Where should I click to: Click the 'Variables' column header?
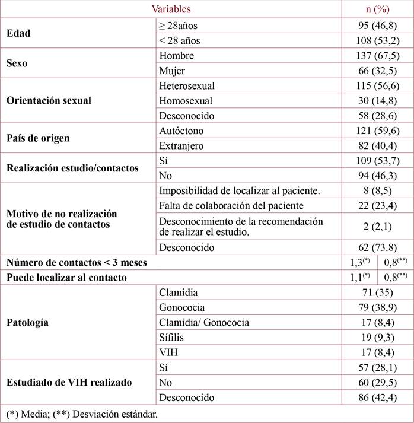point(171,9)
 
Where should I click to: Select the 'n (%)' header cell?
point(377,9)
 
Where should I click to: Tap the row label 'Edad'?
point(18,33)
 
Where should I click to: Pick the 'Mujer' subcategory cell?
point(172,71)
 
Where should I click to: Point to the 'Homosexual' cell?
point(186,101)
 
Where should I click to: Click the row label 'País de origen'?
point(38,138)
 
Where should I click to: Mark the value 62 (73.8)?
point(377,247)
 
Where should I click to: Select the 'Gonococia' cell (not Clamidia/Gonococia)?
point(182,307)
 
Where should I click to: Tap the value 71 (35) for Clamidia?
point(377,292)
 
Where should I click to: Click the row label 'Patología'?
point(27,323)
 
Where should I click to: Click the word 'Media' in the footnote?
point(34,414)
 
